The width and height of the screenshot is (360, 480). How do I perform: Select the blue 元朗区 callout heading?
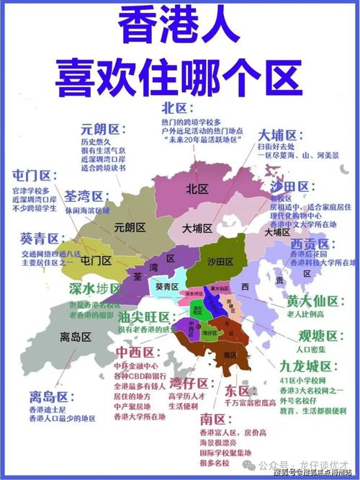(x=102, y=130)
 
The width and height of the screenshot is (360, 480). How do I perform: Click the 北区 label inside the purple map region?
(x=197, y=189)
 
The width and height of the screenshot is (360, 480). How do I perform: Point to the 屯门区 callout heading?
(x=34, y=175)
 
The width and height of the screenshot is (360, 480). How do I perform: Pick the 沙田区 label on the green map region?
(x=220, y=260)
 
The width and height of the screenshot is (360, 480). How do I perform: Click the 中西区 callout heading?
(x=135, y=352)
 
